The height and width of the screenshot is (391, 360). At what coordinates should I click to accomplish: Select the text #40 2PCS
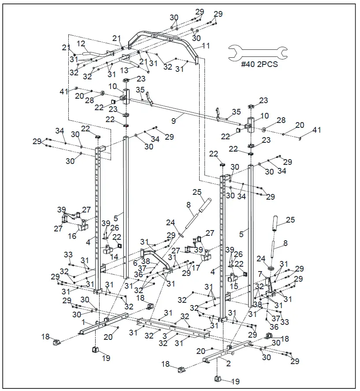[259, 63]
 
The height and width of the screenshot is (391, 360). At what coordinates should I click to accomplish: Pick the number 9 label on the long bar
[174, 119]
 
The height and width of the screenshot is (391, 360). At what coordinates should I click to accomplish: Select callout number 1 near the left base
[83, 322]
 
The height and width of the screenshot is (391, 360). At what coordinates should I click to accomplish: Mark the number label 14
[114, 256]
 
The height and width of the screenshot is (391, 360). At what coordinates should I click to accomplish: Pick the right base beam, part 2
[229, 353]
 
